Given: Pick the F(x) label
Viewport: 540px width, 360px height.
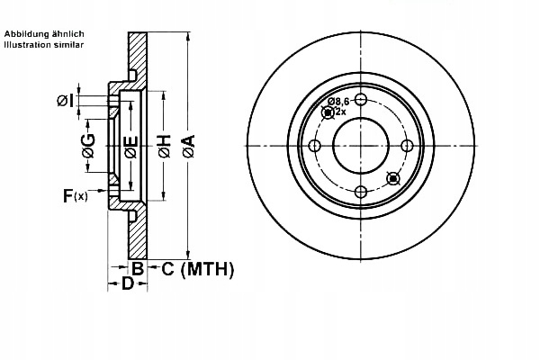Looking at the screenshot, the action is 74,195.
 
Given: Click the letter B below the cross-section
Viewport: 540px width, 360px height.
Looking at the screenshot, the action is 138,268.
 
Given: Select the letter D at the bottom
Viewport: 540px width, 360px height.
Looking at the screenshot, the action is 128,283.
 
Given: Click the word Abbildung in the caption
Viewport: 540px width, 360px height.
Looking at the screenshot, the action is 28,34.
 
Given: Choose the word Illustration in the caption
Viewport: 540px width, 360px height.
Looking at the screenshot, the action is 28,44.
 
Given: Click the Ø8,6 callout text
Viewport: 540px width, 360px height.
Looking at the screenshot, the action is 338,102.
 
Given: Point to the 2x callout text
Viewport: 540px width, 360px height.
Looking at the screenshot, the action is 341,112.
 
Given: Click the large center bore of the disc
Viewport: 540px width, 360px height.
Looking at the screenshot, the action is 361,146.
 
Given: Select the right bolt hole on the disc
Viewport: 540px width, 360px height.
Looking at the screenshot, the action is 408,146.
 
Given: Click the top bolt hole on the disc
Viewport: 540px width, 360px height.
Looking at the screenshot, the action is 361,99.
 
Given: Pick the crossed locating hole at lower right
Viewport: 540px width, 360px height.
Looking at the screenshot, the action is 391,178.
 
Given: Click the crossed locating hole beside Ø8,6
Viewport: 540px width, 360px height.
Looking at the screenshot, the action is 328,112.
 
